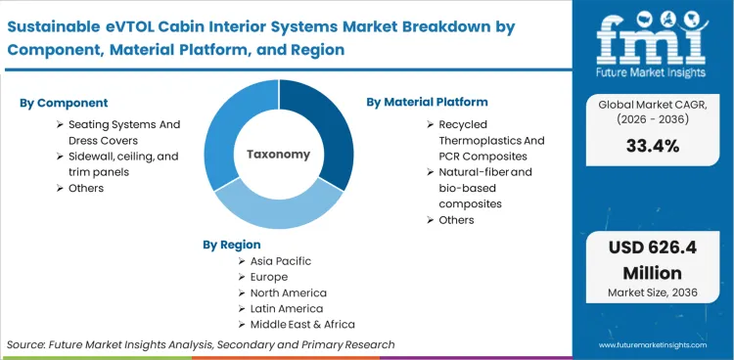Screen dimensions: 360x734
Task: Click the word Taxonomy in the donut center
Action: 278,154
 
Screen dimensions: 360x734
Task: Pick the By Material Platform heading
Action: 427,102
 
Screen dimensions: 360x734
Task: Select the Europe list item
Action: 269,278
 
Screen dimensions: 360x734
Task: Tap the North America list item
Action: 289,293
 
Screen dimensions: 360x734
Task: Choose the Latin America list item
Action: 286,309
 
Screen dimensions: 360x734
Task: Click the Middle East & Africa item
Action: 302,325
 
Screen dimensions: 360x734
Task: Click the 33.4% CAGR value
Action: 654,147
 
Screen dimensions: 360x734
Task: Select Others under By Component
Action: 86,188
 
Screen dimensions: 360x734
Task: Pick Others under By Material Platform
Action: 456,220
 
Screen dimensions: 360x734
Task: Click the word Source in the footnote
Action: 28,344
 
